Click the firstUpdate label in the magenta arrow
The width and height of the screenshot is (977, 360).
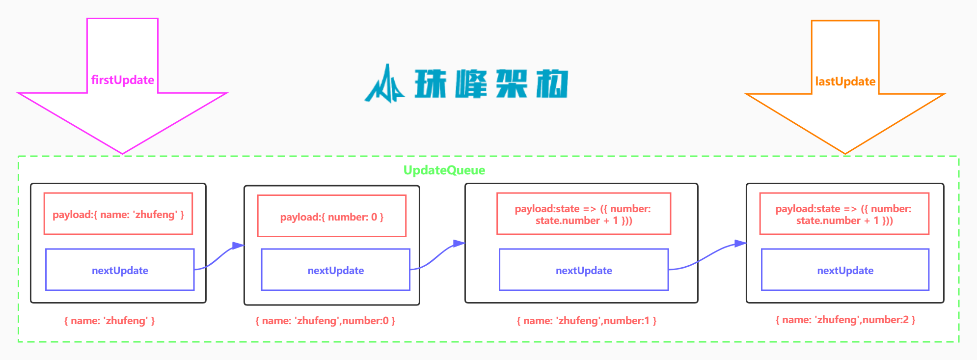click(x=122, y=80)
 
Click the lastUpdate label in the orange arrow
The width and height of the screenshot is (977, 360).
click(x=845, y=82)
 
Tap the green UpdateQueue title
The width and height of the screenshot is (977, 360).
click(x=444, y=170)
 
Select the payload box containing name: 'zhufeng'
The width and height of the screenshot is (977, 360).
click(x=118, y=214)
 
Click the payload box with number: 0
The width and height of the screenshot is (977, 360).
click(x=331, y=217)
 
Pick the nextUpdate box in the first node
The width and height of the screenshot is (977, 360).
click(x=120, y=270)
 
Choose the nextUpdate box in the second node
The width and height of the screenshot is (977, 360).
click(x=335, y=270)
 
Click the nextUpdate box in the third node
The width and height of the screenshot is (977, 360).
click(x=583, y=270)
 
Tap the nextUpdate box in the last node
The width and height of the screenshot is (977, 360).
click(x=844, y=270)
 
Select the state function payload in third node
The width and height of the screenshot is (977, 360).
click(x=583, y=214)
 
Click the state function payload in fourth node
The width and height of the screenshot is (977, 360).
click(x=843, y=214)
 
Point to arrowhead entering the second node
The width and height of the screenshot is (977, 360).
click(x=239, y=245)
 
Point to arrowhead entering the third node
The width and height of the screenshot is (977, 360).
click(x=459, y=243)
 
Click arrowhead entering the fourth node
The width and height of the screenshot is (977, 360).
click(x=740, y=243)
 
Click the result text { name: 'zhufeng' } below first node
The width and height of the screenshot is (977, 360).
click(x=109, y=321)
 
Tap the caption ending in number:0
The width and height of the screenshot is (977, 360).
click(x=325, y=321)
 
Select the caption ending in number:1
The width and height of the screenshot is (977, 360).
click(x=586, y=321)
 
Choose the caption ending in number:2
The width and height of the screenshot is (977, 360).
click(x=845, y=320)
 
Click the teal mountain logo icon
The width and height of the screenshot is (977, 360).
click(x=384, y=84)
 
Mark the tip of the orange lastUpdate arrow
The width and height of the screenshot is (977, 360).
click(x=845, y=153)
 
